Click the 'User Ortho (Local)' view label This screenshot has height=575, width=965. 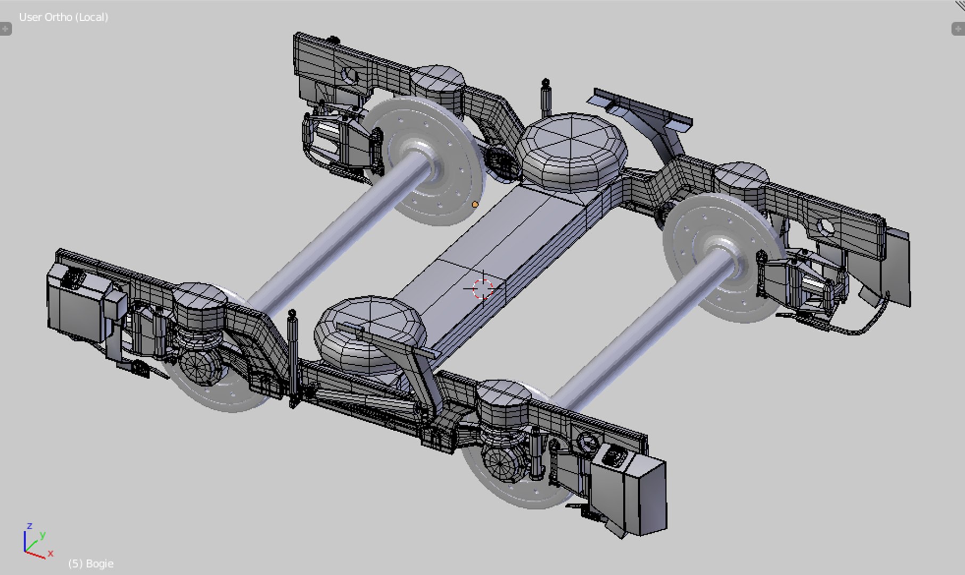pyautogui.click(x=63, y=17)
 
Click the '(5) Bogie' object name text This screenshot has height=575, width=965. pyautogui.click(x=91, y=563)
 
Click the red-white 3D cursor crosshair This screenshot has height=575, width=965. pyautogui.click(x=482, y=289)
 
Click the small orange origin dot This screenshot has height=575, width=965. pyautogui.click(x=475, y=204)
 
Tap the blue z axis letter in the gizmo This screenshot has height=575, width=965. pyautogui.click(x=30, y=526)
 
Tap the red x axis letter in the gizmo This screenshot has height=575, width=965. pyautogui.click(x=51, y=553)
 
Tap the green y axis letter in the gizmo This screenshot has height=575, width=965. pyautogui.click(x=43, y=535)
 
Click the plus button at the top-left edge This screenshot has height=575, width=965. pyautogui.click(x=5, y=29)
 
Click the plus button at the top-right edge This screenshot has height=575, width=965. pyautogui.click(x=958, y=29)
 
